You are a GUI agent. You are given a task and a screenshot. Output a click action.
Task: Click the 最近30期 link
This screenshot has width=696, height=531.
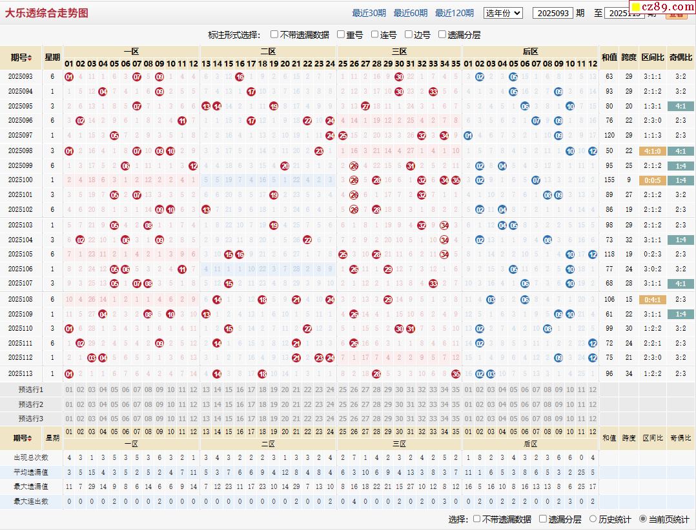(x=369, y=13)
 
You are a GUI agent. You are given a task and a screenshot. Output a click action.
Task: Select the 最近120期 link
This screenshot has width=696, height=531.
(x=454, y=13)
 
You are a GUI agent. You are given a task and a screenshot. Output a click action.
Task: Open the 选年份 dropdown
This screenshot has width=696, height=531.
(x=503, y=13)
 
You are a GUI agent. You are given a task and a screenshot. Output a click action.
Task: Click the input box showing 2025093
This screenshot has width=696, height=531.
(x=553, y=13)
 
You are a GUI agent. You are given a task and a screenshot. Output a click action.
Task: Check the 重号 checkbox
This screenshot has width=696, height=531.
(x=341, y=35)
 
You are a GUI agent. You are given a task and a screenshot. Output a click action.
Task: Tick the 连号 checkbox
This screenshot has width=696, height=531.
(x=375, y=35)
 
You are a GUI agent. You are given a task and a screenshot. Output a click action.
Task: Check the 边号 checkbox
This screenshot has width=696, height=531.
(x=409, y=35)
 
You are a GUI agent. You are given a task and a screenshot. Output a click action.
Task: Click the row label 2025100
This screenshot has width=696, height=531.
(x=21, y=180)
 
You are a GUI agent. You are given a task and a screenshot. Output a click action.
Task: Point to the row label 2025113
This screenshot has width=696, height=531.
(x=21, y=373)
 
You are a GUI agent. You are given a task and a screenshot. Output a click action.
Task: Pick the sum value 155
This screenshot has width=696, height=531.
(x=609, y=180)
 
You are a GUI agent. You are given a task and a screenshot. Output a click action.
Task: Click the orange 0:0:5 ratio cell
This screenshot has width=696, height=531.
(x=651, y=180)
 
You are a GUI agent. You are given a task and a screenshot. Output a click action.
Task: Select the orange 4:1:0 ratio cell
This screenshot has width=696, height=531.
(x=651, y=151)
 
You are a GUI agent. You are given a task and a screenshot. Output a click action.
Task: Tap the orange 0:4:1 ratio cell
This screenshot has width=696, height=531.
(x=651, y=300)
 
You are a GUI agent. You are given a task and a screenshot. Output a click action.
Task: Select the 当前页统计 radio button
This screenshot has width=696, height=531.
(x=643, y=519)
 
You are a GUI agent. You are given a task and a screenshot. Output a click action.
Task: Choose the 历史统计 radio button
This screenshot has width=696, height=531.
(x=593, y=519)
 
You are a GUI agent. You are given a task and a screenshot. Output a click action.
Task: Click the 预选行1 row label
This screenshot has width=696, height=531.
(x=31, y=390)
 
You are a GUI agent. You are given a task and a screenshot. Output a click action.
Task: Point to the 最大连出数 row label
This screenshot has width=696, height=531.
(x=31, y=501)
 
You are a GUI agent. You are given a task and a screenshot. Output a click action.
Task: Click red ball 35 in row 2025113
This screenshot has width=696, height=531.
(x=456, y=373)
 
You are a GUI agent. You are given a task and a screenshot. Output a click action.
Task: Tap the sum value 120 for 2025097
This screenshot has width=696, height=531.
(x=609, y=135)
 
